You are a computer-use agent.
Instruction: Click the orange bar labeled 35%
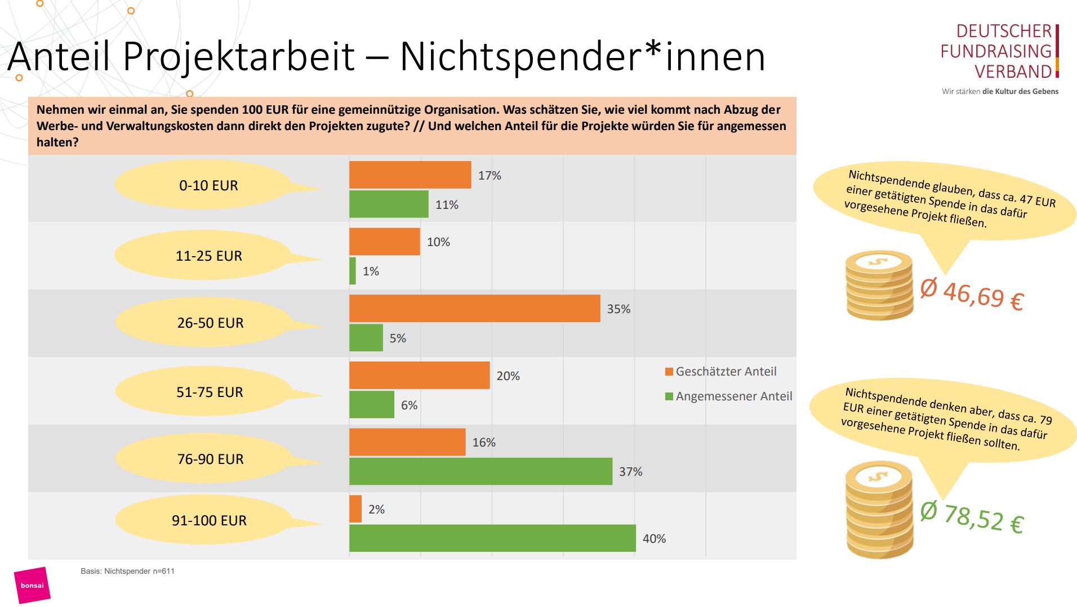point(474,309)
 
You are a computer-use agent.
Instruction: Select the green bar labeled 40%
point(492,538)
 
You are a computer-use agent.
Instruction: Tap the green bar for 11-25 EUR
point(353,271)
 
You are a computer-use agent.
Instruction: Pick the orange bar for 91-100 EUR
point(355,509)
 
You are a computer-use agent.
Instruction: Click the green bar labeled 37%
point(480,471)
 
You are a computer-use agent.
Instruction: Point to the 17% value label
point(489,176)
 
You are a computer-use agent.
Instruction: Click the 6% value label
point(409,405)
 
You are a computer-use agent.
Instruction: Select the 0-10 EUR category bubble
point(208,185)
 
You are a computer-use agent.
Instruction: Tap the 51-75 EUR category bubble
point(210,392)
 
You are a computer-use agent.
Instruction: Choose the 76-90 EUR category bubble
point(210,459)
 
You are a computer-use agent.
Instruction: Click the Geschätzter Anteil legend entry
point(721,372)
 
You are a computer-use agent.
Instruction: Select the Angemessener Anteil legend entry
point(728,396)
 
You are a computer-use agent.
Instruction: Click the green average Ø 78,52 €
point(972,517)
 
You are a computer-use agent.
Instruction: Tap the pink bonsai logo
point(32,586)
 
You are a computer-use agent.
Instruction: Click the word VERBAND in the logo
point(1013,72)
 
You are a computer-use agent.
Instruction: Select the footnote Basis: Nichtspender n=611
point(127,571)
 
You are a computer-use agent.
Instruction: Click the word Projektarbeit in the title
point(239,56)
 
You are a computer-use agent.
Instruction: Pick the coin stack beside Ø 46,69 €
point(879,285)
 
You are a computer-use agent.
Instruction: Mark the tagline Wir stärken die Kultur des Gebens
point(1000,91)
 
